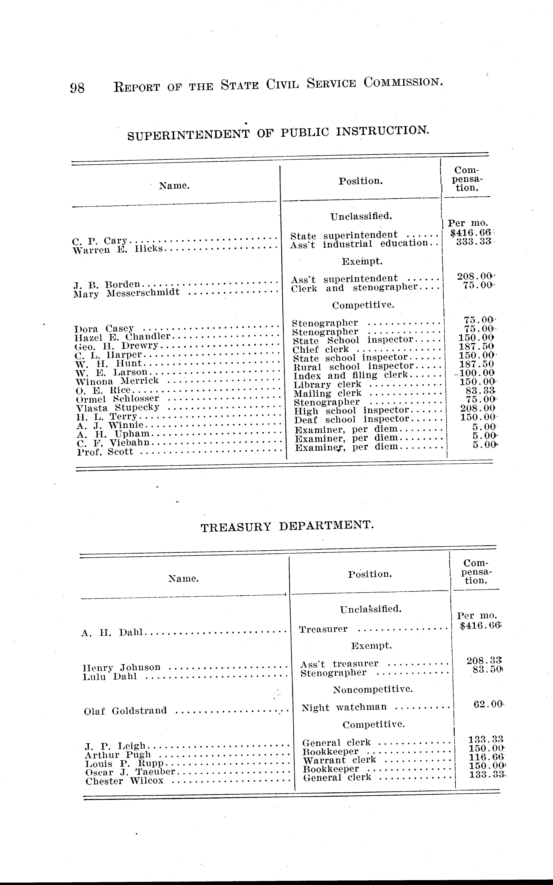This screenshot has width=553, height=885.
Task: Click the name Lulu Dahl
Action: [110, 677]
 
